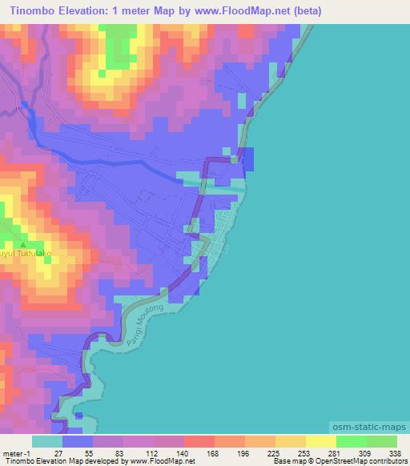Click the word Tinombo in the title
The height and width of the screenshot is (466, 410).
33,10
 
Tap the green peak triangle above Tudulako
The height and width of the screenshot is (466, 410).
22,245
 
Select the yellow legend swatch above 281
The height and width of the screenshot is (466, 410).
321,441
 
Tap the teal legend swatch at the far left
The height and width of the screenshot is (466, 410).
47,441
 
